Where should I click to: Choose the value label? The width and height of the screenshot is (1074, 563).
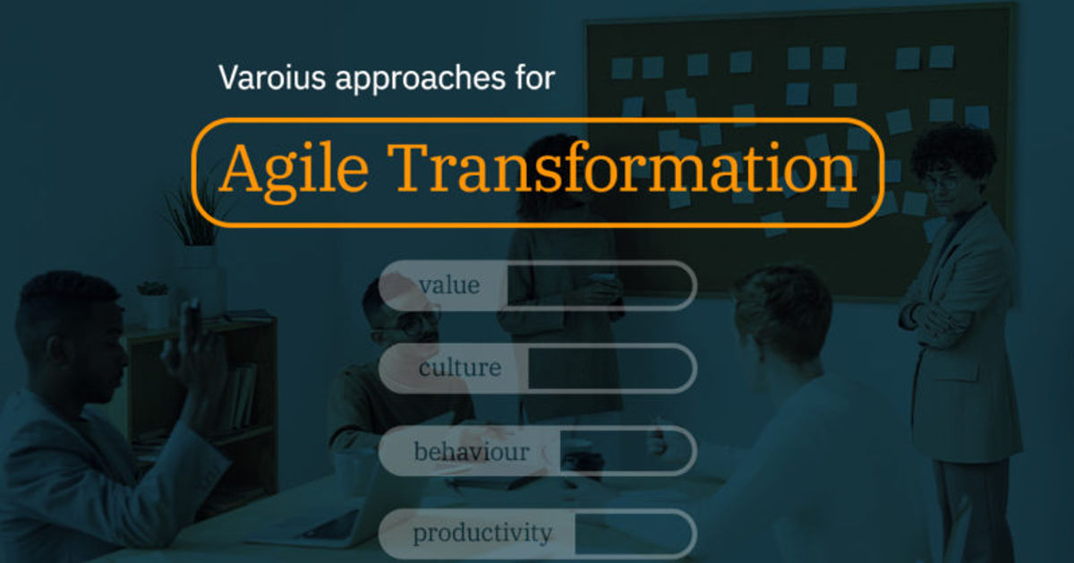(x=449, y=286)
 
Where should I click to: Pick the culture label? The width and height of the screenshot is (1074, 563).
(x=459, y=368)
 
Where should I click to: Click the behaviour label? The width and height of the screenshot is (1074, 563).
(x=471, y=451)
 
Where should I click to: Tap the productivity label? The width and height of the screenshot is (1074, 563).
(x=482, y=534)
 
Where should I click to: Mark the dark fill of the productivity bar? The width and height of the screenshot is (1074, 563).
(x=631, y=534)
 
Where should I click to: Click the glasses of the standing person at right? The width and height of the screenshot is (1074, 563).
(x=943, y=182)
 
